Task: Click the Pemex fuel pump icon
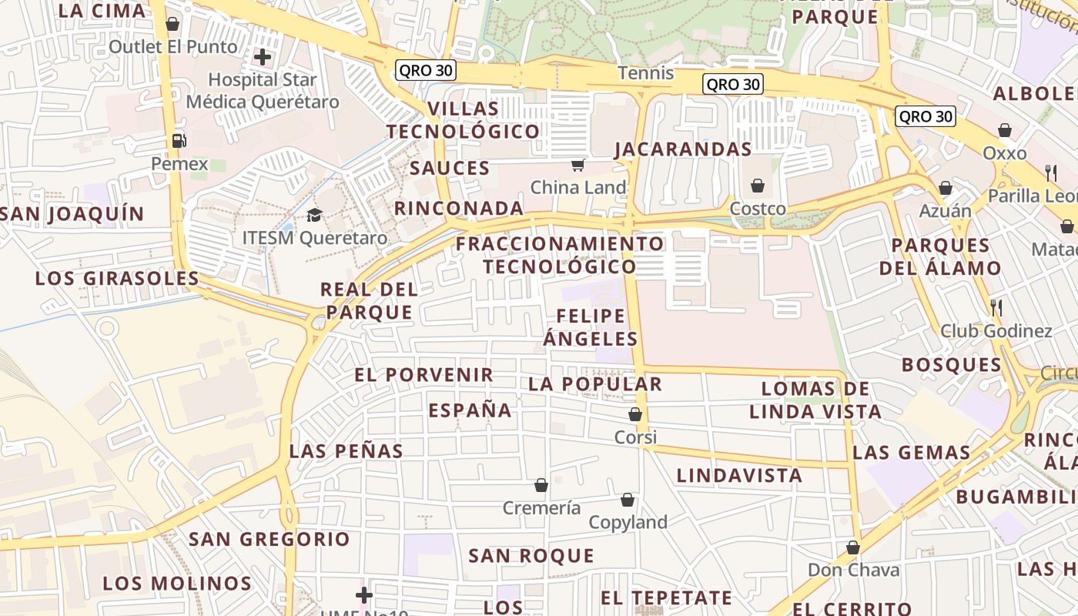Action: click(x=179, y=141)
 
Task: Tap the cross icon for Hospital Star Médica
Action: click(x=263, y=56)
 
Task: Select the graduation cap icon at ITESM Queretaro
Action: click(x=314, y=215)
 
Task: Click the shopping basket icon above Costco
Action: click(x=758, y=186)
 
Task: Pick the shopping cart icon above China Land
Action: click(x=577, y=165)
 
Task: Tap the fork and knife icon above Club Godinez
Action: click(x=996, y=308)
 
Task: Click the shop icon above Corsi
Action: click(x=635, y=414)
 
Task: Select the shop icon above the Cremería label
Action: click(x=541, y=485)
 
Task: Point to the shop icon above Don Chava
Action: click(x=852, y=547)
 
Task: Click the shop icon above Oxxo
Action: click(x=1005, y=130)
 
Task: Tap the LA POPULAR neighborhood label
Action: click(x=595, y=383)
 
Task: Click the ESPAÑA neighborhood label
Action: click(x=470, y=410)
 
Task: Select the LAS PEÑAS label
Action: click(x=346, y=451)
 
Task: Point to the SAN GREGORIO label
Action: click(x=269, y=539)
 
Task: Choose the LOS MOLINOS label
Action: click(x=177, y=583)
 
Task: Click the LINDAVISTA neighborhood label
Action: click(x=739, y=476)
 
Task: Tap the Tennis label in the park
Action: click(x=645, y=74)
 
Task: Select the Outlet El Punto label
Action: click(x=173, y=47)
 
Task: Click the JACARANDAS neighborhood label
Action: click(x=683, y=149)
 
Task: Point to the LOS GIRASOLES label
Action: click(x=117, y=278)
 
